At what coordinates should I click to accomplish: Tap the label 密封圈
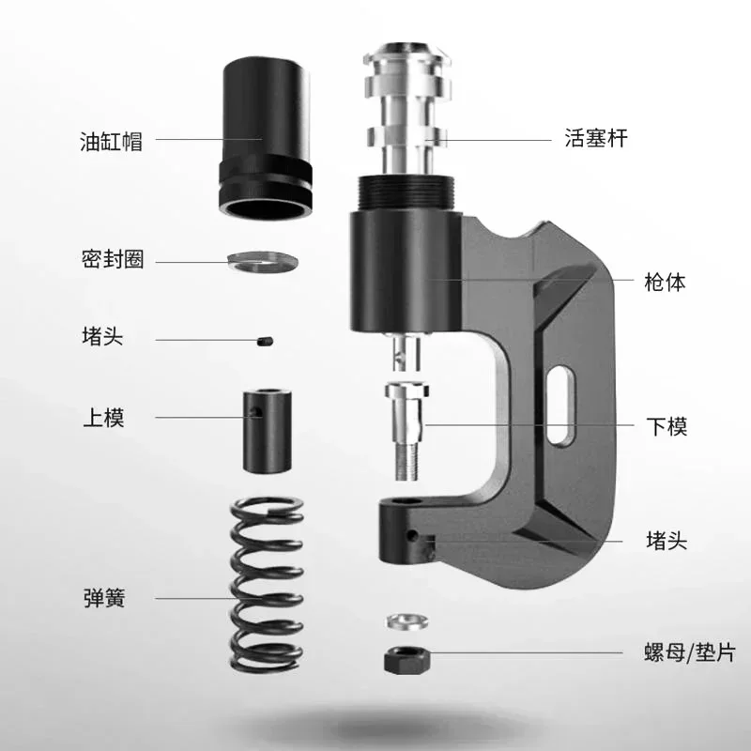coord(113,259)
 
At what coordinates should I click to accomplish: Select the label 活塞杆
coord(596,138)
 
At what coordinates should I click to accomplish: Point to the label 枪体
coord(665,283)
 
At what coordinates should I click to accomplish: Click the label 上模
coord(104,417)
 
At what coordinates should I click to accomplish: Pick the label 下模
coord(667,426)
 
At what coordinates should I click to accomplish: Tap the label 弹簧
coord(104,598)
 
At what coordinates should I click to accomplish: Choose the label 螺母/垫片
coord(689,652)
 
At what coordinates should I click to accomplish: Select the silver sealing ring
coord(263,262)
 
